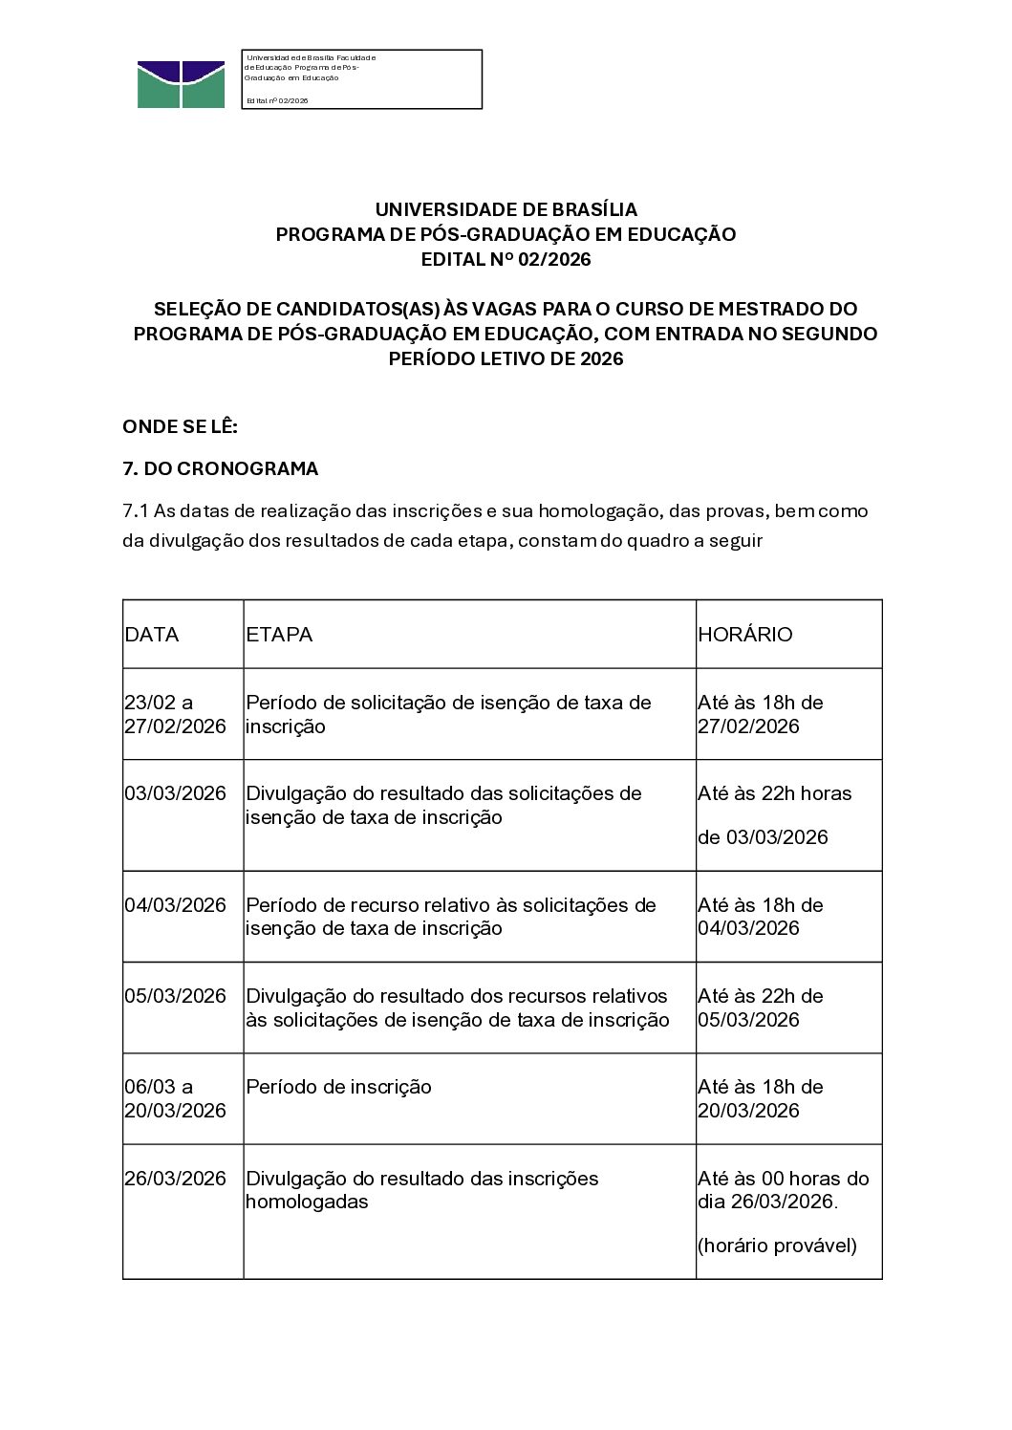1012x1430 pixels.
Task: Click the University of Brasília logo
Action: pos(181,84)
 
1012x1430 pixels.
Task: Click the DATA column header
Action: pos(152,635)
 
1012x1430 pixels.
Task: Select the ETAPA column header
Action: pos(279,635)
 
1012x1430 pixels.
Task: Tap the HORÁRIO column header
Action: pos(745,635)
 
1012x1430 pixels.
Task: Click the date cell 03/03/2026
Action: pos(175,793)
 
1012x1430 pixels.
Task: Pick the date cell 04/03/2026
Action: pos(175,905)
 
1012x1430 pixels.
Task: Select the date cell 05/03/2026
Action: pos(175,996)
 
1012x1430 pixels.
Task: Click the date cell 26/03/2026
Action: pos(175,1179)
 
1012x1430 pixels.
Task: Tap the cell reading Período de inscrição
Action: pos(339,1087)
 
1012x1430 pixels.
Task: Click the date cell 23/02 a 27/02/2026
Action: pos(175,714)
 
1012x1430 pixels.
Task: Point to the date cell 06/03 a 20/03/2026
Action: pos(175,1098)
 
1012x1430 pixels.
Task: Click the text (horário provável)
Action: pos(777,1246)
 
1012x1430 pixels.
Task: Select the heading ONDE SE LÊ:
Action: pos(180,426)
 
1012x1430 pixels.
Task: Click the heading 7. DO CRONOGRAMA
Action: pos(221,469)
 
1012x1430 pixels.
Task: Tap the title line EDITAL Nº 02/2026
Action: pos(506,259)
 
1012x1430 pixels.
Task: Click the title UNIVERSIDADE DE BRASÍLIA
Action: pos(506,209)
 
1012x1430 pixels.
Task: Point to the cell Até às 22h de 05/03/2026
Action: pos(761,1007)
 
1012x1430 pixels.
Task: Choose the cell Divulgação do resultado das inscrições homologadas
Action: pos(422,1190)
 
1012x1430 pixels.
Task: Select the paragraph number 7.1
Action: pos(136,511)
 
